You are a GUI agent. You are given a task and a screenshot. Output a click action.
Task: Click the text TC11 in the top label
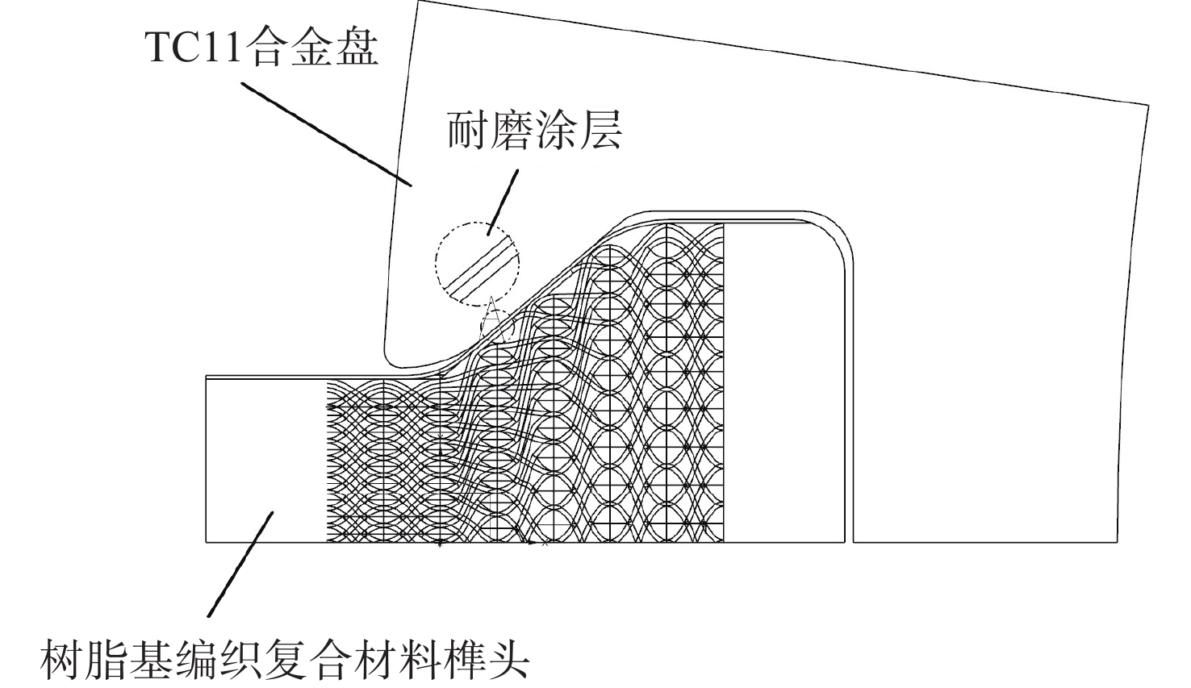tap(194, 47)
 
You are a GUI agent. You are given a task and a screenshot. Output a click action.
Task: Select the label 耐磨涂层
tap(534, 131)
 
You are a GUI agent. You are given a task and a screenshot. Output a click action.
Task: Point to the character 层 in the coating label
tap(601, 131)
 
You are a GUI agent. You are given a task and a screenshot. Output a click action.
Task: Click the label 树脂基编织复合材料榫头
tap(285, 661)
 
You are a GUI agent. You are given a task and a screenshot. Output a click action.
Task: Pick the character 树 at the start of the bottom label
tap(62, 661)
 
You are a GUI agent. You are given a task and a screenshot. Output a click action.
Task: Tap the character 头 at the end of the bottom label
tap(508, 661)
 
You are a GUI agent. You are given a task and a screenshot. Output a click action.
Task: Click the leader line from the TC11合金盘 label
tap(327, 134)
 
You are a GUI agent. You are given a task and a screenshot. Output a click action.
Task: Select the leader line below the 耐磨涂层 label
tap(503, 202)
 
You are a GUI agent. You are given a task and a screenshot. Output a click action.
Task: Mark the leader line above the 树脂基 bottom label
tap(240, 565)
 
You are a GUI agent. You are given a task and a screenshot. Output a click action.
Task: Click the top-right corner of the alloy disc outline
tap(1148, 106)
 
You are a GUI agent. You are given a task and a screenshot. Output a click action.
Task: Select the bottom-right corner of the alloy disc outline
tap(1117, 542)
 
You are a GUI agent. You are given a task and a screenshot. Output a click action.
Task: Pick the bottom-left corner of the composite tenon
tap(207, 542)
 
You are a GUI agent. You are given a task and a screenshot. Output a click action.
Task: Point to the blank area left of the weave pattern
tap(265, 460)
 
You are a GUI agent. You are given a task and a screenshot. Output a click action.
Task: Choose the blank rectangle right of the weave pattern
tap(784, 382)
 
